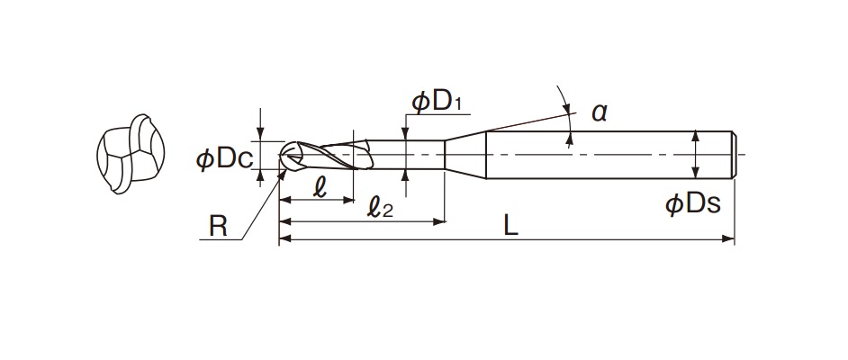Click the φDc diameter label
pyautogui.click(x=224, y=159)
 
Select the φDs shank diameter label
pyautogui.click(x=693, y=204)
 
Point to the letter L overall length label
pyautogui.click(x=510, y=227)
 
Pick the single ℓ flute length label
pyautogui.click(x=320, y=187)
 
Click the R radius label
pyautogui.click(x=218, y=227)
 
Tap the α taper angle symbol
pyautogui.click(x=600, y=113)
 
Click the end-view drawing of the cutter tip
pyautogui.click(x=131, y=154)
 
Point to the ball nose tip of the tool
pyautogui.click(x=284, y=155)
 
